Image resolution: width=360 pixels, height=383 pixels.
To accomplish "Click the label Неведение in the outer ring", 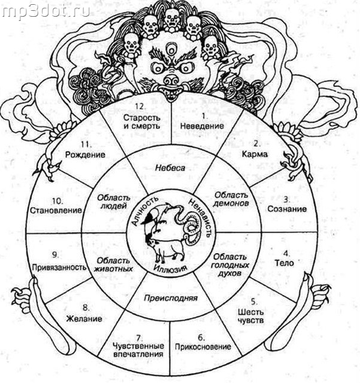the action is [202, 126].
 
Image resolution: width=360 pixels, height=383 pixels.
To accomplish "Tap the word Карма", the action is [255, 154].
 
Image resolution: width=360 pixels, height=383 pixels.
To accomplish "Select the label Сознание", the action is [287, 209].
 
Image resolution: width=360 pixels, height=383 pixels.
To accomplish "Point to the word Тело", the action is [284, 263].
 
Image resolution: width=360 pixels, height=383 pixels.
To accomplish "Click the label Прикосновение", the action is [202, 347].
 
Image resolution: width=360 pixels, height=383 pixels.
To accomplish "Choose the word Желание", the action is [84, 318].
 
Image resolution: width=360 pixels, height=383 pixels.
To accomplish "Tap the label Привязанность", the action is [59, 268].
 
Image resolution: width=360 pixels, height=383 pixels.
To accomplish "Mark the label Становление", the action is [56, 210].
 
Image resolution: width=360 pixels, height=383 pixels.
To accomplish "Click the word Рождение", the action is [85, 154].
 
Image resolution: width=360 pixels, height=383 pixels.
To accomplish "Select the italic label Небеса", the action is [170, 168].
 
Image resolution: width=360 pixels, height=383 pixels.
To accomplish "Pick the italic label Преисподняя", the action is [171, 298].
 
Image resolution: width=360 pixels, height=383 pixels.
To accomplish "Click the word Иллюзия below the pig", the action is [170, 269].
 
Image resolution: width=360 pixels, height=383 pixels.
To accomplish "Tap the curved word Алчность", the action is [143, 211].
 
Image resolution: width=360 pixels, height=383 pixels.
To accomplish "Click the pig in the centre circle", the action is [168, 250].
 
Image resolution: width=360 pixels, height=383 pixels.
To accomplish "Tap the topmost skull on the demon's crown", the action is [171, 19].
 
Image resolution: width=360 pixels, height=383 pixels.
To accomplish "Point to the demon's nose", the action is [171, 79].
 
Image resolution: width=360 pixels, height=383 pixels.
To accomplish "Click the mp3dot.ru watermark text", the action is [46, 11].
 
